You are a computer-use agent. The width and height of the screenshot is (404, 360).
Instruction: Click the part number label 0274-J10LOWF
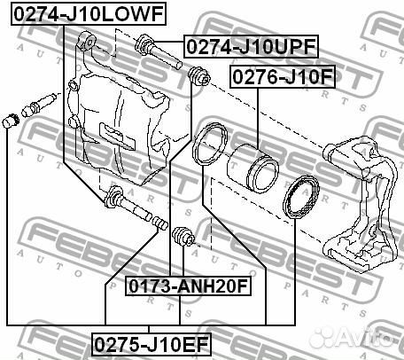pos(89,14)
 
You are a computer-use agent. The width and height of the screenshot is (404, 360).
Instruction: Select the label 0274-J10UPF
pos(251,46)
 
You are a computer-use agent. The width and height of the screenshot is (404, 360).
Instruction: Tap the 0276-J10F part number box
pos(283,77)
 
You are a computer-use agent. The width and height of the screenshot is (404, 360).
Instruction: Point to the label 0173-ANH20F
pos(189,286)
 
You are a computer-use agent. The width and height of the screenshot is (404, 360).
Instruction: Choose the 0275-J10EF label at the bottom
pos(151,344)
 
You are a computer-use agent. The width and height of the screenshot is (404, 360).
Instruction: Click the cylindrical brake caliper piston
pos(252,170)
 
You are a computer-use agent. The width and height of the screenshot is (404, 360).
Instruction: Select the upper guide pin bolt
pos(158,51)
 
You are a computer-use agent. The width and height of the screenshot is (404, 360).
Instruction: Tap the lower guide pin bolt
pos(128,205)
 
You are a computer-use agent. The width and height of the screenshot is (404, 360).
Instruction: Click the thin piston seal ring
pos(210,145)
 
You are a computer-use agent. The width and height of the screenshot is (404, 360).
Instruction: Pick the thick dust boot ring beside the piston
pos(301,197)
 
